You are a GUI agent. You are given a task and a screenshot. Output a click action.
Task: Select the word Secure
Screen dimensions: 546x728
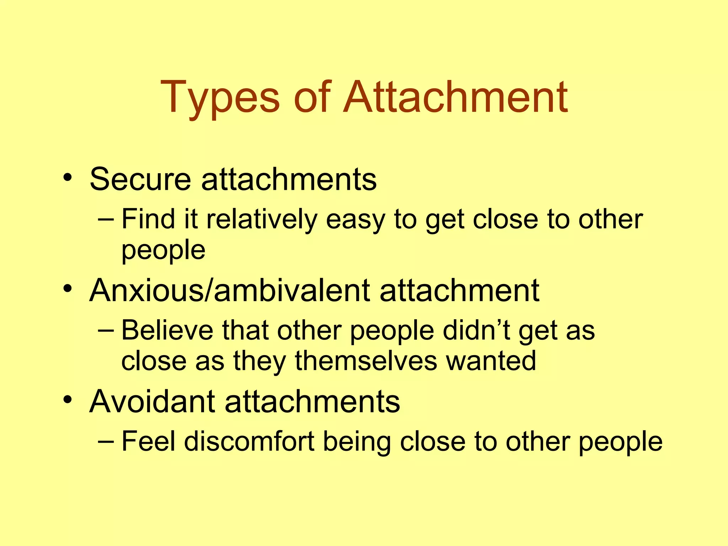tap(140, 179)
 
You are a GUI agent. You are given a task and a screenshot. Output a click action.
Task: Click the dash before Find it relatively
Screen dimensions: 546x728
tap(106, 219)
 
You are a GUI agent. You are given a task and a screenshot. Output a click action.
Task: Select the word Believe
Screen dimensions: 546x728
tap(167, 330)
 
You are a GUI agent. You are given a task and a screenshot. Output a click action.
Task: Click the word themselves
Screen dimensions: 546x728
tap(366, 361)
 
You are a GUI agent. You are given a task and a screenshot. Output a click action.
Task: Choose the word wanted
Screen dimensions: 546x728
tap(491, 361)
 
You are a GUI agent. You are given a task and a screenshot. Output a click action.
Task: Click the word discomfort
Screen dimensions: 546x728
tap(249, 441)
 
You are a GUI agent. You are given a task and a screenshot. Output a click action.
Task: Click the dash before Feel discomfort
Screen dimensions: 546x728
tap(106, 442)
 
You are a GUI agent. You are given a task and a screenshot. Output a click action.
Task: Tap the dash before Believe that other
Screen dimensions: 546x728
tap(106, 331)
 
